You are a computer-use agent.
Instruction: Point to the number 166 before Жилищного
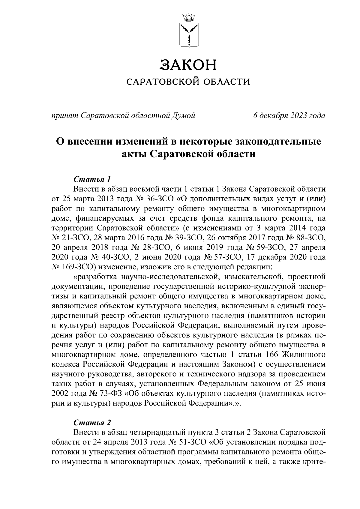tap(272, 355)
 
